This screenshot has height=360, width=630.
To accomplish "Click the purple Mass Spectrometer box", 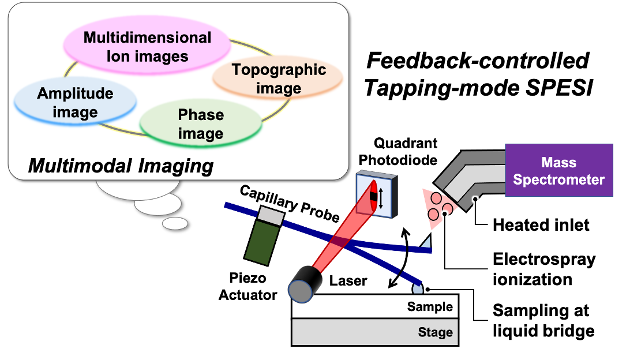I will [558, 170].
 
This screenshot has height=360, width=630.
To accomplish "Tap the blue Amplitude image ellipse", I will [75, 102].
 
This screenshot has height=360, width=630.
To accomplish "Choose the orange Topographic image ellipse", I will [279, 79].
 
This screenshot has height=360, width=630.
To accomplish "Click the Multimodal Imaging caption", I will [121, 166].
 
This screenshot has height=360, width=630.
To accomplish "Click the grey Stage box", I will [375, 333].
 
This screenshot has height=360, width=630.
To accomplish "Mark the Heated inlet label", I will [541, 224].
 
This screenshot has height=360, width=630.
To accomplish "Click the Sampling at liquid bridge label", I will [543, 321].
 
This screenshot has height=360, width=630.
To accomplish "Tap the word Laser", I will [348, 281].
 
